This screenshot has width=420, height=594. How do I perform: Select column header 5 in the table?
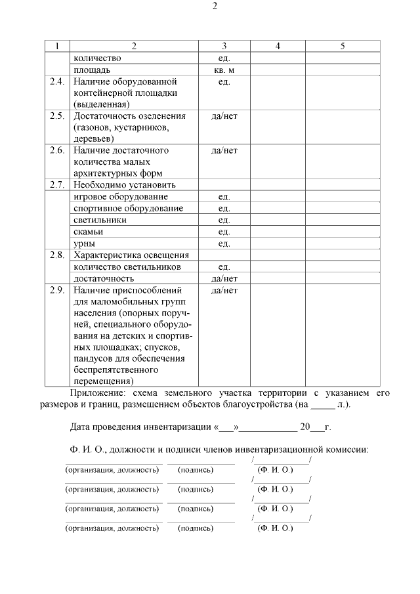[x=342, y=46]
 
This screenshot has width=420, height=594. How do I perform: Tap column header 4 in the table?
[x=277, y=46]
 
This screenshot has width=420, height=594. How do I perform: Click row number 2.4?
[x=57, y=81]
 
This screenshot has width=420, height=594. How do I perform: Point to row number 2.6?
[x=57, y=150]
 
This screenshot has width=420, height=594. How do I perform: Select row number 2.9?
[x=57, y=289]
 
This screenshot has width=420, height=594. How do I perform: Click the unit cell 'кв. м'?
[x=224, y=70]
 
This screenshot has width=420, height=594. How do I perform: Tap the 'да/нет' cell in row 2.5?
[x=224, y=116]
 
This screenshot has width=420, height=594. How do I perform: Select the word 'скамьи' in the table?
[x=89, y=232]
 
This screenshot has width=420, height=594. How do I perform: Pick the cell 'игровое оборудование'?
[x=121, y=196]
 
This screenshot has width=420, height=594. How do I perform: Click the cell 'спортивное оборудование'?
[x=128, y=208]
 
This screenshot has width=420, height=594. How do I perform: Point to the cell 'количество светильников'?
[x=127, y=267]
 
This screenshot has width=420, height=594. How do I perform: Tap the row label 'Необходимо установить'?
[x=125, y=184]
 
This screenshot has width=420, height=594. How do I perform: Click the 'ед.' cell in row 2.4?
[x=224, y=81]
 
